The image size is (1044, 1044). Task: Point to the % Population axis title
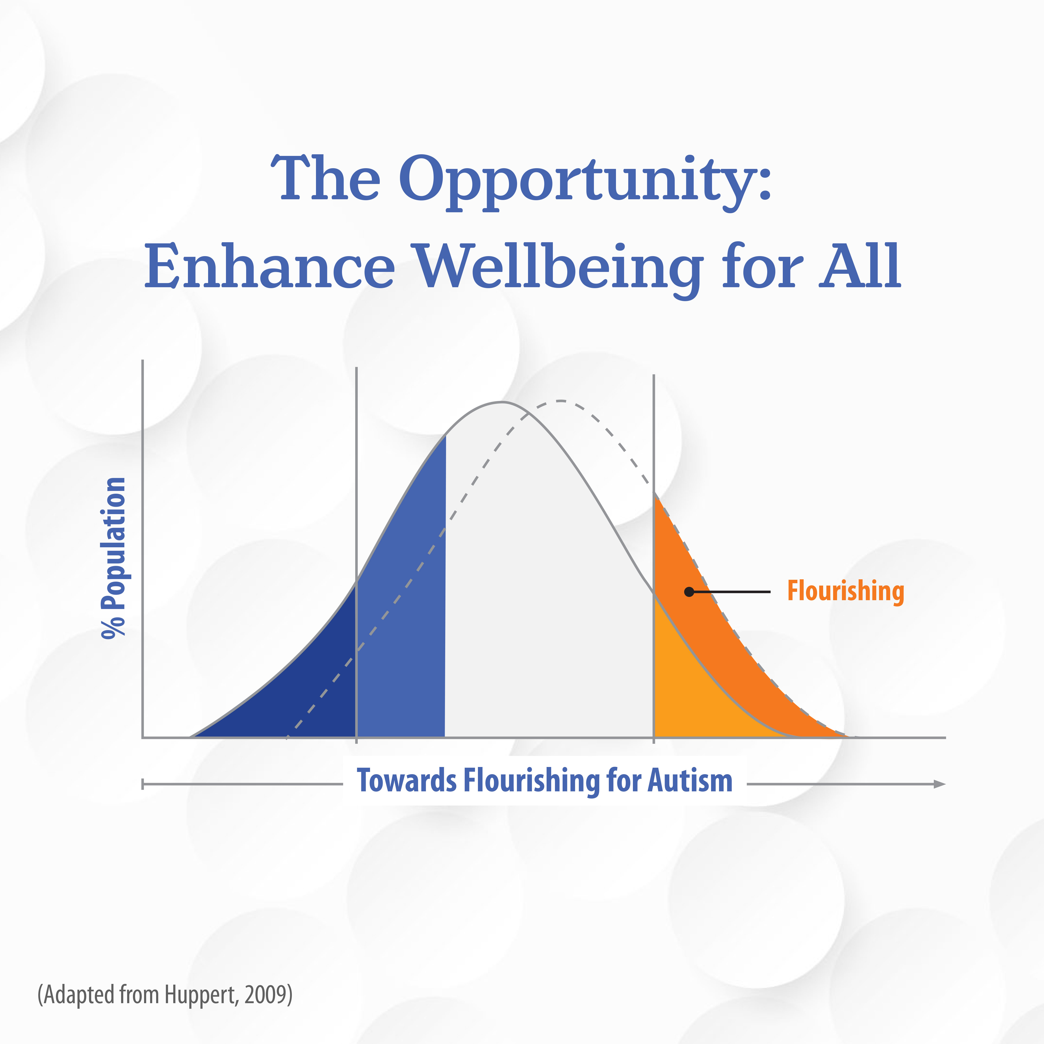(113, 558)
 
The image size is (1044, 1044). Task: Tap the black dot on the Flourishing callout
(689, 592)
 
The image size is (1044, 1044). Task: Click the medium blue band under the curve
(401, 622)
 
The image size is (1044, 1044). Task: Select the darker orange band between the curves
(724, 638)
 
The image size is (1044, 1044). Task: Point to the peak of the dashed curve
(561, 401)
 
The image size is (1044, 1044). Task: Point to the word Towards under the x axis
(406, 781)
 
